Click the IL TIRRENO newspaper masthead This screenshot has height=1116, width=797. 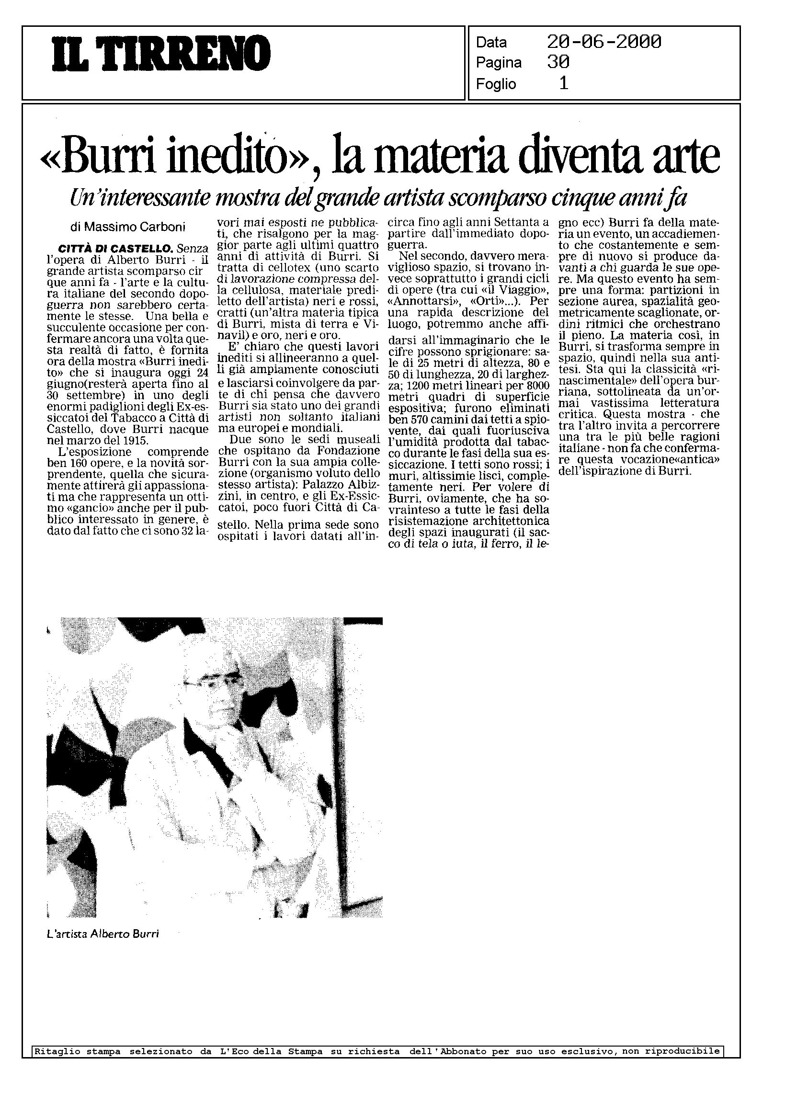coord(162,55)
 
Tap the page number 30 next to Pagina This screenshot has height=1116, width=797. coord(558,62)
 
